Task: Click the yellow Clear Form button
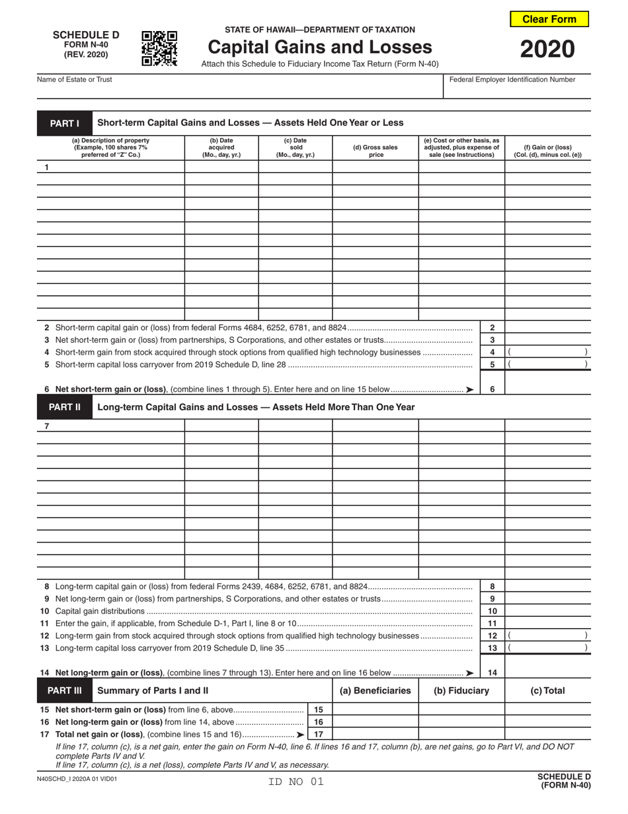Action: [x=549, y=19]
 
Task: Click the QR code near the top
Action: [x=159, y=48]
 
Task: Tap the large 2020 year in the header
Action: [x=547, y=50]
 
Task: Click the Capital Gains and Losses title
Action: [x=320, y=47]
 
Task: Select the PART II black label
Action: [x=64, y=407]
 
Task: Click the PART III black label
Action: [x=64, y=690]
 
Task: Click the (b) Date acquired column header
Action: [x=221, y=148]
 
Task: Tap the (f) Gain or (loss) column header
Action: [x=547, y=151]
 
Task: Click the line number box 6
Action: [x=492, y=389]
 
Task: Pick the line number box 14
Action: [x=492, y=672]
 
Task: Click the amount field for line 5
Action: [x=547, y=364]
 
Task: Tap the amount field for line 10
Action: [x=547, y=611]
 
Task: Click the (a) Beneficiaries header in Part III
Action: [x=375, y=690]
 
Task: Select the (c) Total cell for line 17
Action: [x=547, y=734]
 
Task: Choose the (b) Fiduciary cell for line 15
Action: [x=461, y=709]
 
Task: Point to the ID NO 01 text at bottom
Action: [x=295, y=782]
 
